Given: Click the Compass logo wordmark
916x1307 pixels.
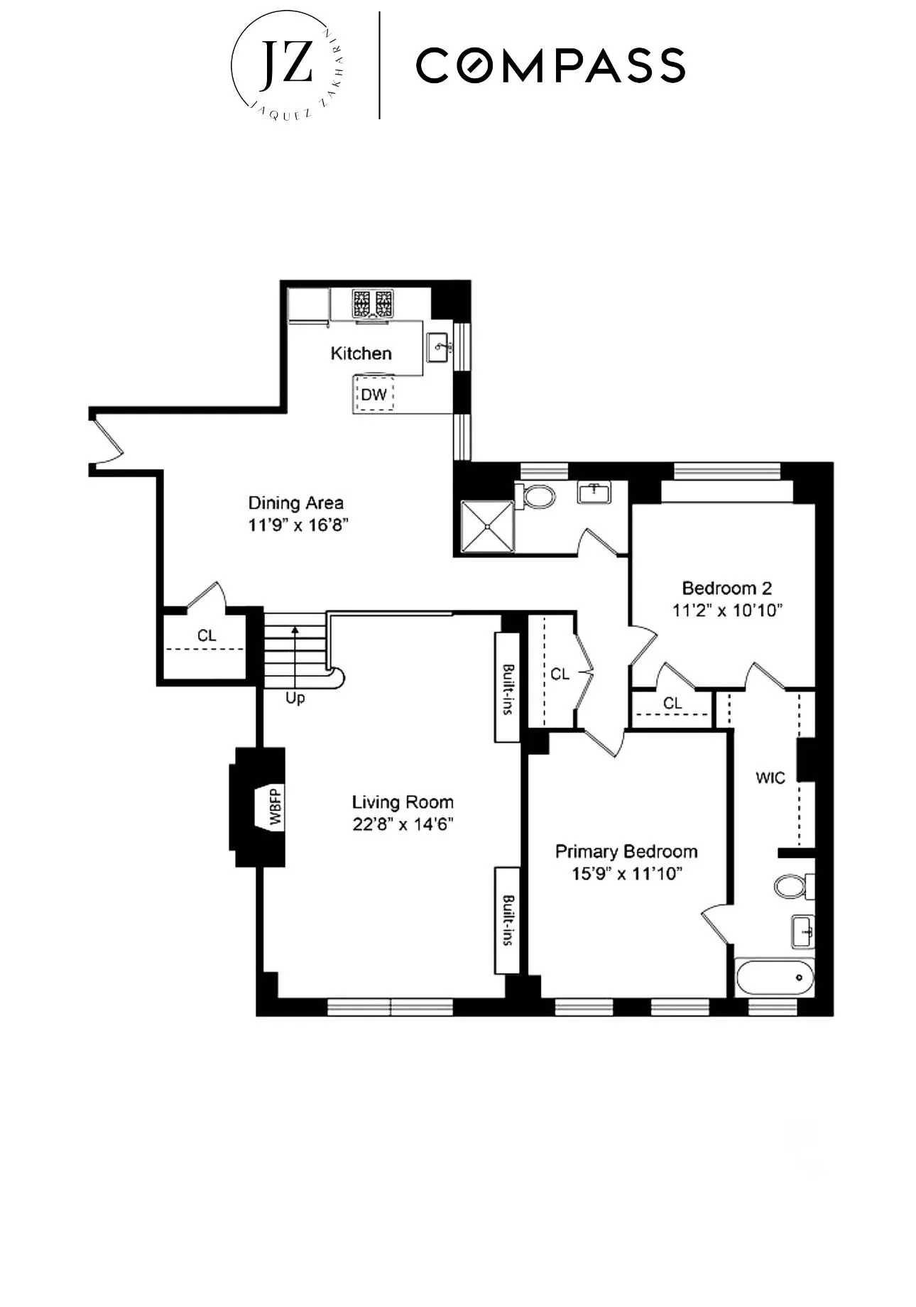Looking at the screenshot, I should pos(550,65).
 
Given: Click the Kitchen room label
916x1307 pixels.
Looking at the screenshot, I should pos(361,354).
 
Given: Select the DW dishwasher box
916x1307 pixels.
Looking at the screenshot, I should pos(374,395).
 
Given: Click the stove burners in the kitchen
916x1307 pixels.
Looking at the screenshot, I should pos(373,304).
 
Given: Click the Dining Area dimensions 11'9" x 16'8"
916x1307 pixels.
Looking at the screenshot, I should pos(296,525).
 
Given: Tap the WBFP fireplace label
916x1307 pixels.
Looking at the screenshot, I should pos(276,806).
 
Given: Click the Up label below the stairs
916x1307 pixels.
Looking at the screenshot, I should pos(295,699).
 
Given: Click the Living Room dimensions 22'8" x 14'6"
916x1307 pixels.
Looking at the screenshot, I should pos(403,824).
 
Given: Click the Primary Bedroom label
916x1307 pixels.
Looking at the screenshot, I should pos(626,851).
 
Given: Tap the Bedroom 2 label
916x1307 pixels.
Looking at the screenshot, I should pos(726,588).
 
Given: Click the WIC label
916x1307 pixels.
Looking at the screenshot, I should pos(770,778).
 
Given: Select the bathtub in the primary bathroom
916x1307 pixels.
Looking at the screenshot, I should pos(774,978).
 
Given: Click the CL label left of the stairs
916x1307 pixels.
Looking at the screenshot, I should pos(207,635).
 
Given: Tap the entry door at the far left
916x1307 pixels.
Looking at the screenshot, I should pos(107,442).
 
